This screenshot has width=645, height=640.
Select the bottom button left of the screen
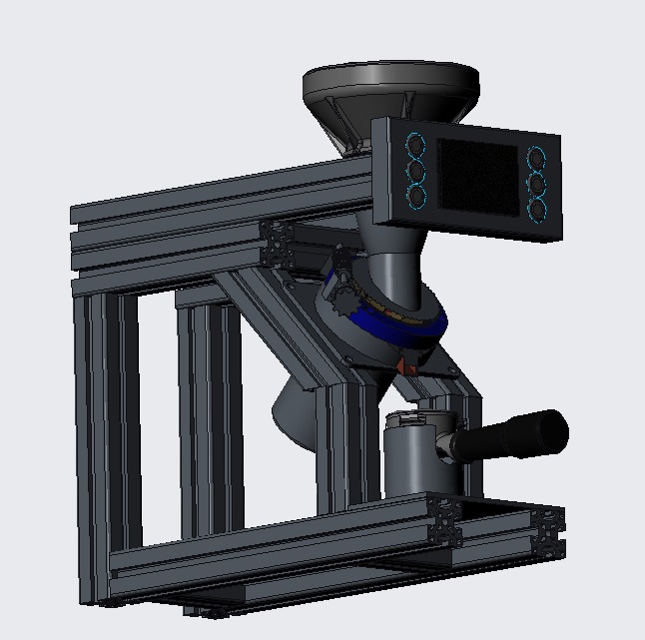(416, 196)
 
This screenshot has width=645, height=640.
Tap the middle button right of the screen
(537, 185)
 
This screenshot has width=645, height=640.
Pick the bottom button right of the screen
(537, 210)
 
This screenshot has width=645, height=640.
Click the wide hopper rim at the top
(390, 80)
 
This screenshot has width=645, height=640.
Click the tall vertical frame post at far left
(93, 439)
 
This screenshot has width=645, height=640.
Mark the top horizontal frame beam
(220, 200)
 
